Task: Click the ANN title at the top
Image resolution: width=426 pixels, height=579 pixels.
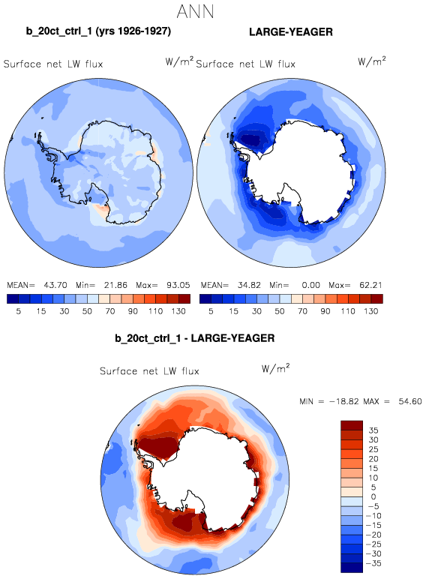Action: tap(195, 11)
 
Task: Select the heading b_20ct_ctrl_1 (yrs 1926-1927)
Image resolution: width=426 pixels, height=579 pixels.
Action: tap(98, 31)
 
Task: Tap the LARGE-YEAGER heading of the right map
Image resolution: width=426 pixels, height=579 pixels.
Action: tap(291, 32)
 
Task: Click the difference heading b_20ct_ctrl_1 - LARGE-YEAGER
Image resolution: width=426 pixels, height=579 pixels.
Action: tap(195, 338)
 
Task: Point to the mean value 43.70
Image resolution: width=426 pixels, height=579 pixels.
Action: tap(55, 285)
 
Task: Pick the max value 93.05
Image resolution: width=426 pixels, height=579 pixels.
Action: tap(178, 285)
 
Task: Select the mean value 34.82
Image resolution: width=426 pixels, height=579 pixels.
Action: tap(249, 285)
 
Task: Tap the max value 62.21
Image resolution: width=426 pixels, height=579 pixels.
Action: tap(371, 285)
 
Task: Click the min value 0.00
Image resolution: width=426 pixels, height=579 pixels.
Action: tap(310, 285)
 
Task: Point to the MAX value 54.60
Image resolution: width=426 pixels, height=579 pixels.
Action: tap(410, 401)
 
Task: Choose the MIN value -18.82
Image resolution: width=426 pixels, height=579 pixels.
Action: tap(344, 401)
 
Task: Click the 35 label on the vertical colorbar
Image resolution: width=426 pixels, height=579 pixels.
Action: tap(373, 430)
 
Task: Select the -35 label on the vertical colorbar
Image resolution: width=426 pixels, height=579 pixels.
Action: tap(373, 563)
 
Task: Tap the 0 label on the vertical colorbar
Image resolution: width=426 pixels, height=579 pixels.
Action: tap(373, 496)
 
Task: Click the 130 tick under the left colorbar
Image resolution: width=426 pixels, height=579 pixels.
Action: tap(178, 311)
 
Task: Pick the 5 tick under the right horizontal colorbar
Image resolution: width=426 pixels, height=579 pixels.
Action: tap(211, 311)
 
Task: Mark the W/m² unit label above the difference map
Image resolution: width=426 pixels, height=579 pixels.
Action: tap(275, 368)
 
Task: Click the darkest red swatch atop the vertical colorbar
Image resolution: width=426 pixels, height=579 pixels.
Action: tap(352, 425)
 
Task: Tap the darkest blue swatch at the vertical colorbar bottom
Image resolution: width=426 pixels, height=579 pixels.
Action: tap(352, 568)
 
